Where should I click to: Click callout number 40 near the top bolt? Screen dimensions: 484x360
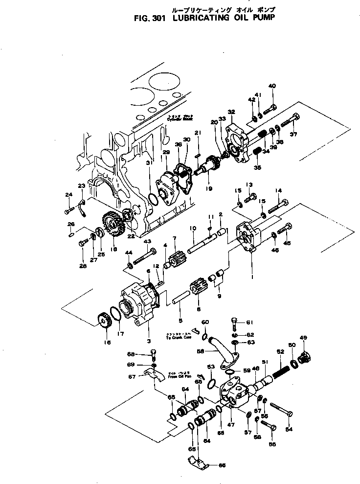coord(271,86)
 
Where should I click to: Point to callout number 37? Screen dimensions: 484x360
coord(294,135)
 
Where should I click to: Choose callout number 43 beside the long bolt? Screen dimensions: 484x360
coord(148,241)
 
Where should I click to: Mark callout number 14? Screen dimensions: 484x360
coord(278,190)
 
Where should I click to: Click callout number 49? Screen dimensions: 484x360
coord(303,338)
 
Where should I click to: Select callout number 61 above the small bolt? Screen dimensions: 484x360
coord(249,322)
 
